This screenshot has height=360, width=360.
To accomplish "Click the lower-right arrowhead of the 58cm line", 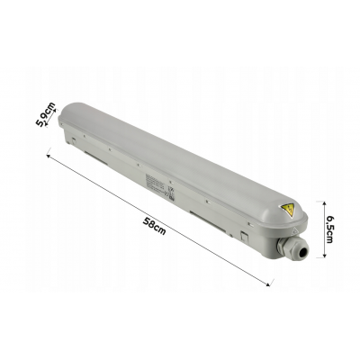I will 271,285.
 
